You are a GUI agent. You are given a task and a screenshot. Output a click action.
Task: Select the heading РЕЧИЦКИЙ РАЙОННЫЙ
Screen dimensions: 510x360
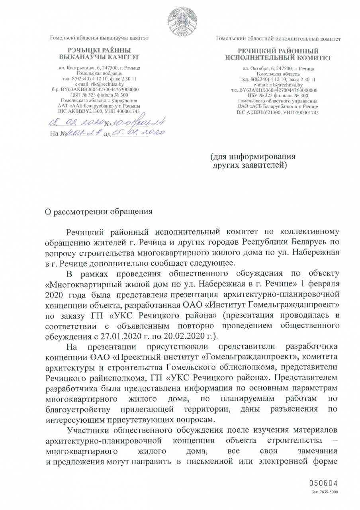pos(278,51)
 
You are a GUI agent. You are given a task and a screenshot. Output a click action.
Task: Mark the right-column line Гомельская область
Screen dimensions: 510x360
pos(278,75)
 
